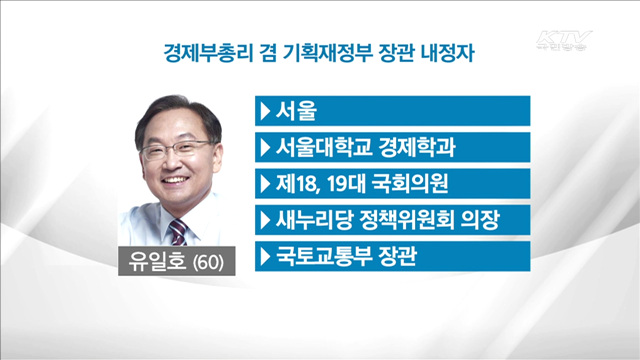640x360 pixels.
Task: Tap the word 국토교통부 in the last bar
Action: click(x=319, y=257)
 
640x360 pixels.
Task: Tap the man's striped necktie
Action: click(x=177, y=232)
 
